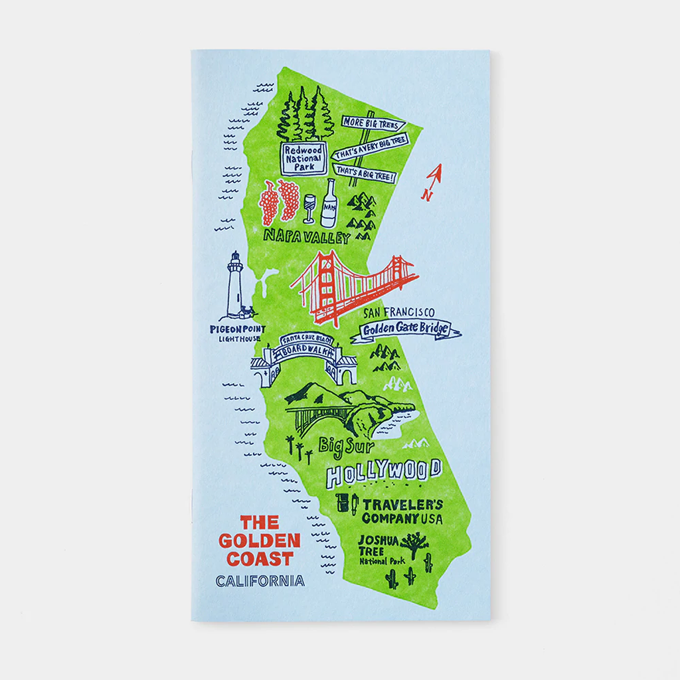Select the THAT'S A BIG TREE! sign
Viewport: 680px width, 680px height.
[x=365, y=176]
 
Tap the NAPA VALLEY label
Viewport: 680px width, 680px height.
[x=306, y=236]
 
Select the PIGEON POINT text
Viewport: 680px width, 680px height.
[x=237, y=329]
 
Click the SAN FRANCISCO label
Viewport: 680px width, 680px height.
[x=399, y=312]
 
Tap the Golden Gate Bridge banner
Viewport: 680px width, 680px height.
[x=406, y=329]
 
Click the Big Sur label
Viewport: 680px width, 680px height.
[x=346, y=444]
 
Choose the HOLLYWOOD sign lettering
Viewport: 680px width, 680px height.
[x=384, y=472]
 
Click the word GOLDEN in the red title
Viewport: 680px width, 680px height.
[x=260, y=541]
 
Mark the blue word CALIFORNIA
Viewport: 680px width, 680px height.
[x=260, y=581]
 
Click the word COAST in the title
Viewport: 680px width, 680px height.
[x=260, y=558]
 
